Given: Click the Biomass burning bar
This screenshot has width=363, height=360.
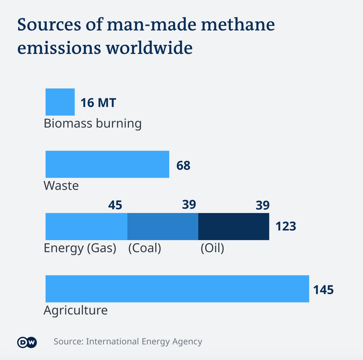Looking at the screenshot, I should [60, 102].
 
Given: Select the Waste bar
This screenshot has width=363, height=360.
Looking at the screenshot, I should [107, 164].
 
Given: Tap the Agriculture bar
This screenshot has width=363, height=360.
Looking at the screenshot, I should [177, 289].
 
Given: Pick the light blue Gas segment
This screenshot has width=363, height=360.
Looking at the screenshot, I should [86, 226].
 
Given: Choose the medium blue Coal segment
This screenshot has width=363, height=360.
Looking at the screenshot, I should [162, 226].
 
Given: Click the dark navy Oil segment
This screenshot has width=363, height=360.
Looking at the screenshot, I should [233, 226].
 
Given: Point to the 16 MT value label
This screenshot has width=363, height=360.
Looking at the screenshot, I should [98, 103].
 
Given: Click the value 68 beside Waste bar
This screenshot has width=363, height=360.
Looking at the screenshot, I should [183, 166].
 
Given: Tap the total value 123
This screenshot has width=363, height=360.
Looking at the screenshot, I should [285, 227].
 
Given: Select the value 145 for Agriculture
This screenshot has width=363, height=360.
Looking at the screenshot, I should [323, 290].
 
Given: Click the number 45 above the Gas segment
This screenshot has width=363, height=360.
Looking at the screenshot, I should [115, 205].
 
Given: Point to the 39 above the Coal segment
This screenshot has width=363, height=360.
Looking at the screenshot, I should [189, 205].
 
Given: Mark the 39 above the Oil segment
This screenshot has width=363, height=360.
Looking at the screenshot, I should [262, 205].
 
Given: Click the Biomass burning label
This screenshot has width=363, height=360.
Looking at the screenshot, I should [93, 124].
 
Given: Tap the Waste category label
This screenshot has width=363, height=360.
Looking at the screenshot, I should [61, 185].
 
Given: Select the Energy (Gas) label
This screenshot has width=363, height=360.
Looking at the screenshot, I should [80, 249].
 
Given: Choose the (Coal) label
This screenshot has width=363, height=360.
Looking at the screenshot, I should [145, 249].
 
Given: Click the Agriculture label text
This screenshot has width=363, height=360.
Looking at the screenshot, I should [76, 311].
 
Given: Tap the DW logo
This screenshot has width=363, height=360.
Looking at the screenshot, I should [27, 342].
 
